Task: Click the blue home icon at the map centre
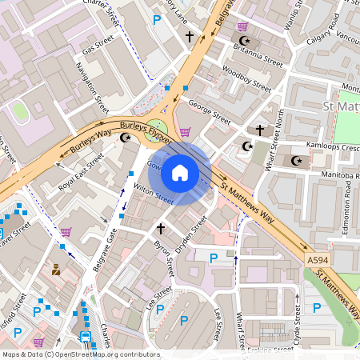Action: point(180,172)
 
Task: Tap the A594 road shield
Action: point(316,260)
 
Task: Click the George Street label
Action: point(209,110)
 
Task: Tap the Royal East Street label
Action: point(81,173)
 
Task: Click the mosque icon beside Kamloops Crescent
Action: point(298,161)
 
